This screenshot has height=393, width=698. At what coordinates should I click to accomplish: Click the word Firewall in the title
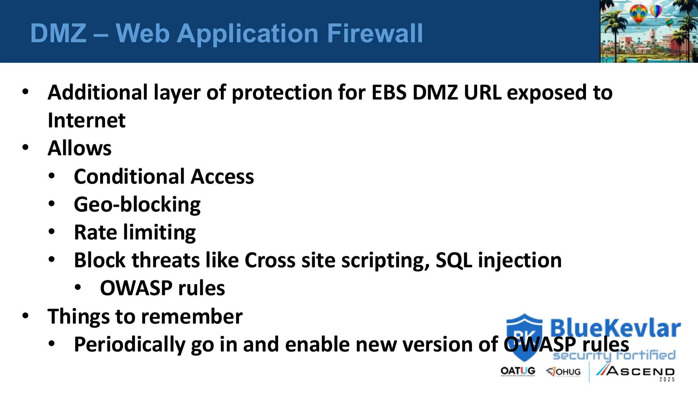point(375,33)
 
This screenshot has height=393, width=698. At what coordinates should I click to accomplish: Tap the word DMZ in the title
point(58,33)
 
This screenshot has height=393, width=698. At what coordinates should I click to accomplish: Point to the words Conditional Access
point(164,176)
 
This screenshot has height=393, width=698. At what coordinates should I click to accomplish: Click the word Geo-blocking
point(137,204)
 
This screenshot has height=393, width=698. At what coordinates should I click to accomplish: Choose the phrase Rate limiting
point(135,232)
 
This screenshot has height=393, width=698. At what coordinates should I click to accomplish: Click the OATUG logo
point(518,371)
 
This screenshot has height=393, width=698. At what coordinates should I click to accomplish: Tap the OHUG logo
point(563,372)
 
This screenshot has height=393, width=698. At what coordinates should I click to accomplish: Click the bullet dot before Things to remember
point(26,316)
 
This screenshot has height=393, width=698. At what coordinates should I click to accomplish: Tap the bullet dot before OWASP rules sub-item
point(78,288)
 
